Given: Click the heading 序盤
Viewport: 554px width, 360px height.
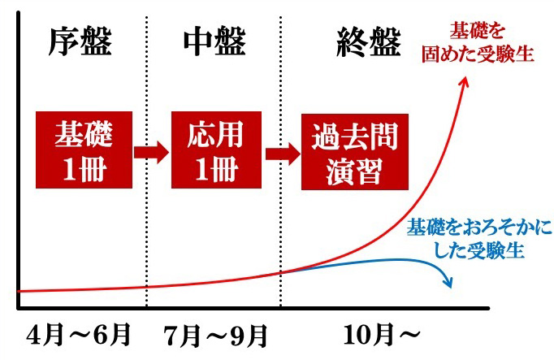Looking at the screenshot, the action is click(x=80, y=41).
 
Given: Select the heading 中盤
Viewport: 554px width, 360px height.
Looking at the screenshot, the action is click(x=214, y=41).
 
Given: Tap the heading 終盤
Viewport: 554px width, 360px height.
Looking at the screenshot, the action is click(x=369, y=41).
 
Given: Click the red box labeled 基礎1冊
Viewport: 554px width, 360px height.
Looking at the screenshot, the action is click(x=84, y=150).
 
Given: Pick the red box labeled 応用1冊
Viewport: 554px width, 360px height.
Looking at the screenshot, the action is click(x=216, y=150).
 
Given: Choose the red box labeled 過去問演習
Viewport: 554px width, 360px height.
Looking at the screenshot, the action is click(x=355, y=152).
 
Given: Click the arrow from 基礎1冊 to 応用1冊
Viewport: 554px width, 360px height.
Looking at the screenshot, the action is click(x=151, y=153).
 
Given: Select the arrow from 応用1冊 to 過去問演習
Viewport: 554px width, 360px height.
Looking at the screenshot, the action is click(x=283, y=154).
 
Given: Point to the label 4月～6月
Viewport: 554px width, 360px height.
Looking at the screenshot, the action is click(x=79, y=335).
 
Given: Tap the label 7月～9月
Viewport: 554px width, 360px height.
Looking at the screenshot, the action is click(x=215, y=336).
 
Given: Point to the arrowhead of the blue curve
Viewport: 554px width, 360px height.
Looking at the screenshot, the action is click(x=448, y=283).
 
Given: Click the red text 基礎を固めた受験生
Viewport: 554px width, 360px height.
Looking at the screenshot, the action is click(x=478, y=43).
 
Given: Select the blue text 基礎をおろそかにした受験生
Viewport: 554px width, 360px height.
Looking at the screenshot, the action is click(x=479, y=239).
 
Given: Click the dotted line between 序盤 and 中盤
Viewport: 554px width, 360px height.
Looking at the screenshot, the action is click(x=146, y=161).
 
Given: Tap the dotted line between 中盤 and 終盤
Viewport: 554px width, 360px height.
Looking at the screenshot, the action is click(x=280, y=161).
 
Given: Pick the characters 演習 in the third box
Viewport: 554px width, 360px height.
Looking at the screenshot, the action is click(x=354, y=171).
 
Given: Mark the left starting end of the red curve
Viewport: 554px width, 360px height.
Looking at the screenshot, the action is click(x=19, y=291).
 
